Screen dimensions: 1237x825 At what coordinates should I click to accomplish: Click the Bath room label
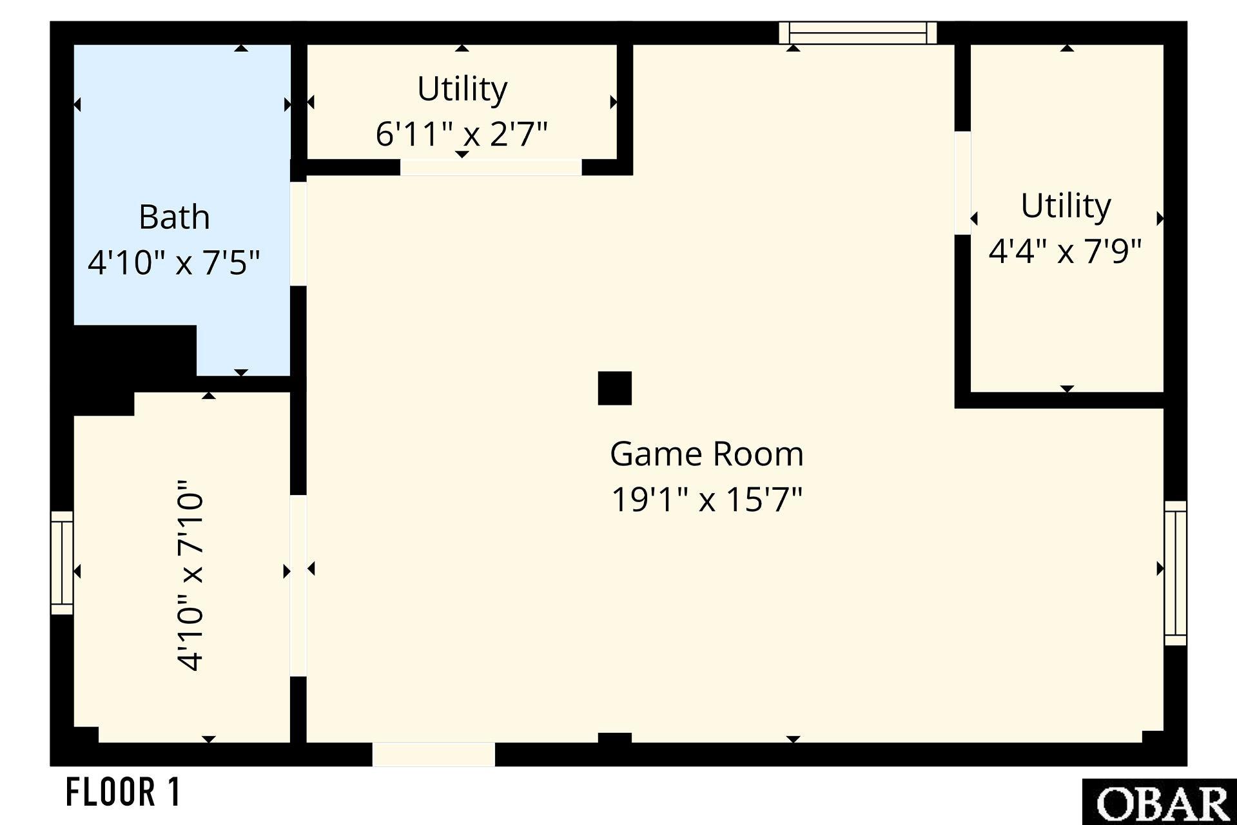point(174,217)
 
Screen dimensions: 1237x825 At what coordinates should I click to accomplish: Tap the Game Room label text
point(706,454)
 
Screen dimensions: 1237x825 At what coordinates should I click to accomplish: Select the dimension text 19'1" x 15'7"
point(706,500)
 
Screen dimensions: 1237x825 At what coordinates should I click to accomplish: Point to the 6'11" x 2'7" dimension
point(462,134)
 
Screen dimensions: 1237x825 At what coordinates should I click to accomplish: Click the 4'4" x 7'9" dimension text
point(1066,251)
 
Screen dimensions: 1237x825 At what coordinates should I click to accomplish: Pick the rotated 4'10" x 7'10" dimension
point(191,575)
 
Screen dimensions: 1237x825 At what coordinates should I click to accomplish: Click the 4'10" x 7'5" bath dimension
point(174,263)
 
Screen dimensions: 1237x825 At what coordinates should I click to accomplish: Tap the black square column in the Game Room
point(615,388)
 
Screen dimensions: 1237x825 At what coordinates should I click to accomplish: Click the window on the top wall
point(857,33)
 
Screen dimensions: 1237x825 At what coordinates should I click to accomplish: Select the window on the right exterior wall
point(1175,573)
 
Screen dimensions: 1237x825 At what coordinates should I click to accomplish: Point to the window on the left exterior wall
point(62,563)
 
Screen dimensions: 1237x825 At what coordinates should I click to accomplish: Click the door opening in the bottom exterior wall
point(434,754)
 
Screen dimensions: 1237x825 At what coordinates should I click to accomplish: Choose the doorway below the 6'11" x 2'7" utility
point(491,168)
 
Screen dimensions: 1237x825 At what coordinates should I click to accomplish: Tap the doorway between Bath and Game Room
point(298,234)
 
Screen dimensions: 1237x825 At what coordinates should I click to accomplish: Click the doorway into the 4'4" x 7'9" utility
point(962,183)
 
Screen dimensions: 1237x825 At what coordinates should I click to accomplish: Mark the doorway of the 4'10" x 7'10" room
point(298,586)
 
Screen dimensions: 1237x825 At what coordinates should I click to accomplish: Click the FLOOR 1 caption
point(123,792)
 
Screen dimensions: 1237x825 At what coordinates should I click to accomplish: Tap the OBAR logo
point(1160,802)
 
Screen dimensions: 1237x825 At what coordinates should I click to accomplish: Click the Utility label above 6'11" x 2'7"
point(462,89)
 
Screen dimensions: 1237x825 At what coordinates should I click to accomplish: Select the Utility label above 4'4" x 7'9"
point(1066,206)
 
